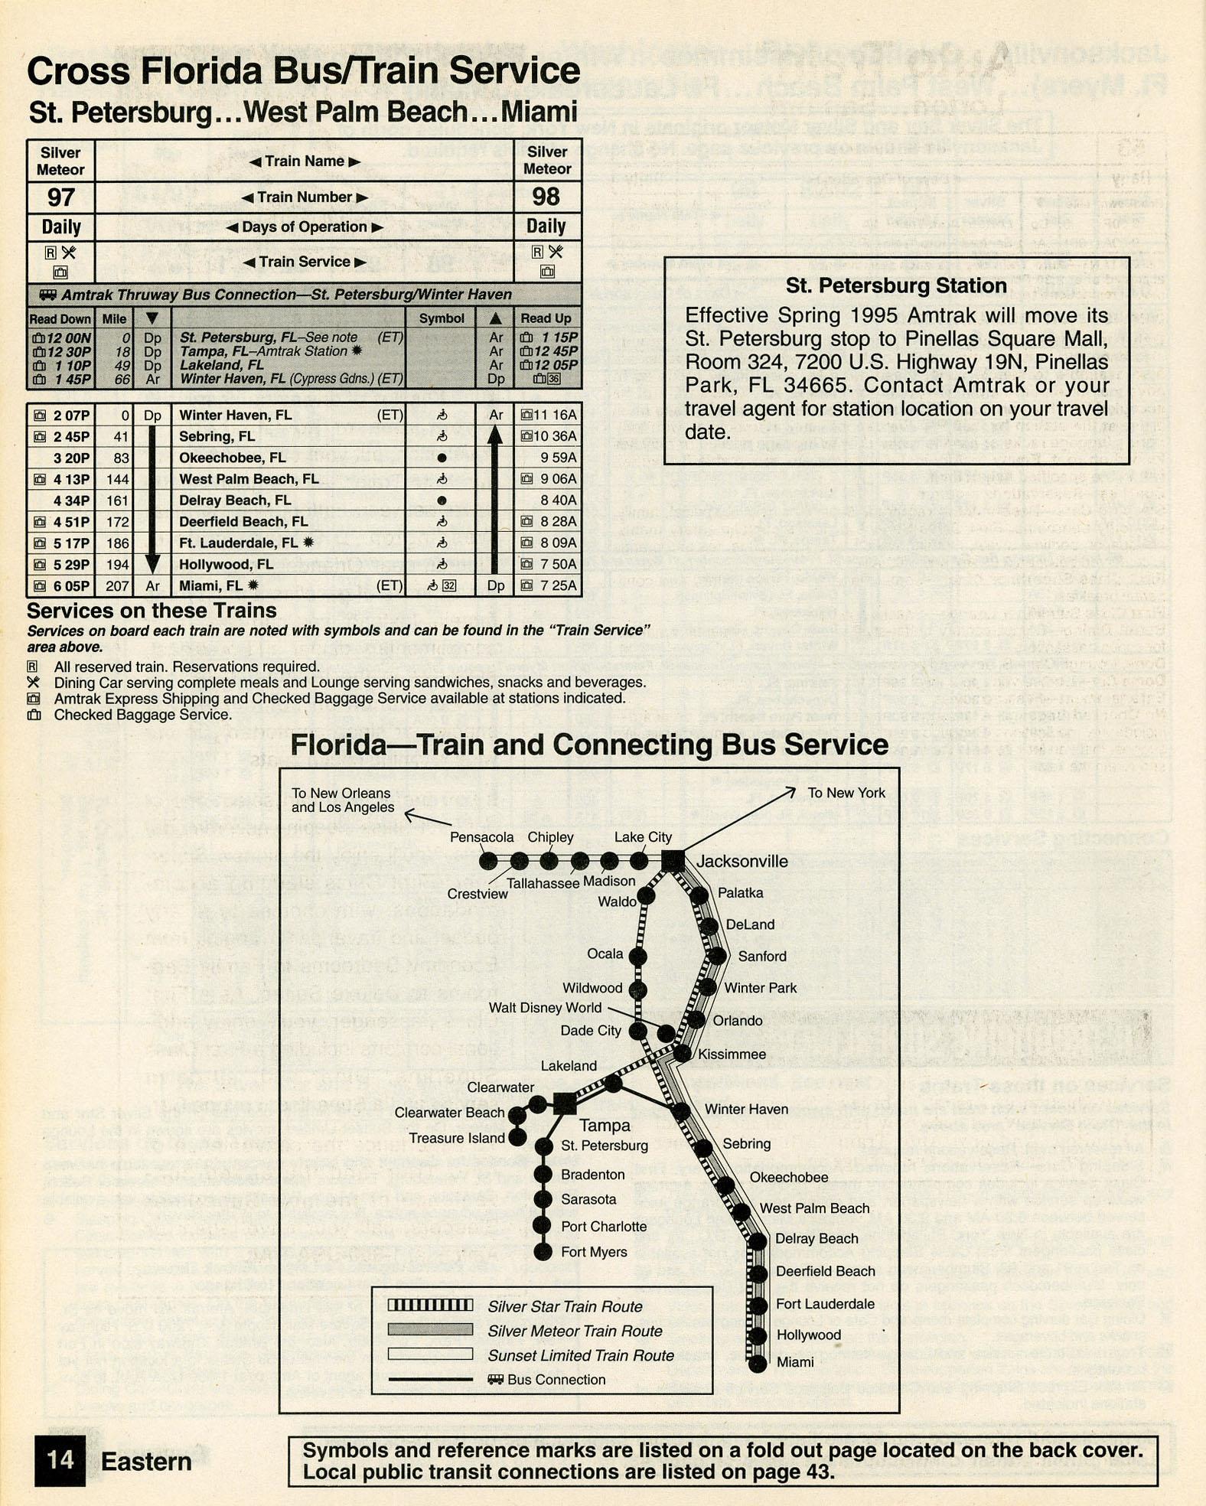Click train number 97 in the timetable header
(60, 197)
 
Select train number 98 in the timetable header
(546, 197)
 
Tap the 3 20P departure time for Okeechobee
(71, 458)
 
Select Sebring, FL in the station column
(217, 436)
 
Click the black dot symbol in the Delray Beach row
(442, 500)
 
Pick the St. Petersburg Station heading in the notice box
(896, 286)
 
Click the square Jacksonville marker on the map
(673, 860)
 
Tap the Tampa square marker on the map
(565, 1103)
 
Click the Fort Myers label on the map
(594, 1252)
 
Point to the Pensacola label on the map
(481, 837)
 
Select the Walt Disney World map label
(545, 1008)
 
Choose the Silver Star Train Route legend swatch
(430, 1305)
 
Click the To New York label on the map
(846, 793)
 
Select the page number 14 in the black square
(60, 1460)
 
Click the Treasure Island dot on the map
(518, 1138)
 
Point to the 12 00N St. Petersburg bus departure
(68, 337)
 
